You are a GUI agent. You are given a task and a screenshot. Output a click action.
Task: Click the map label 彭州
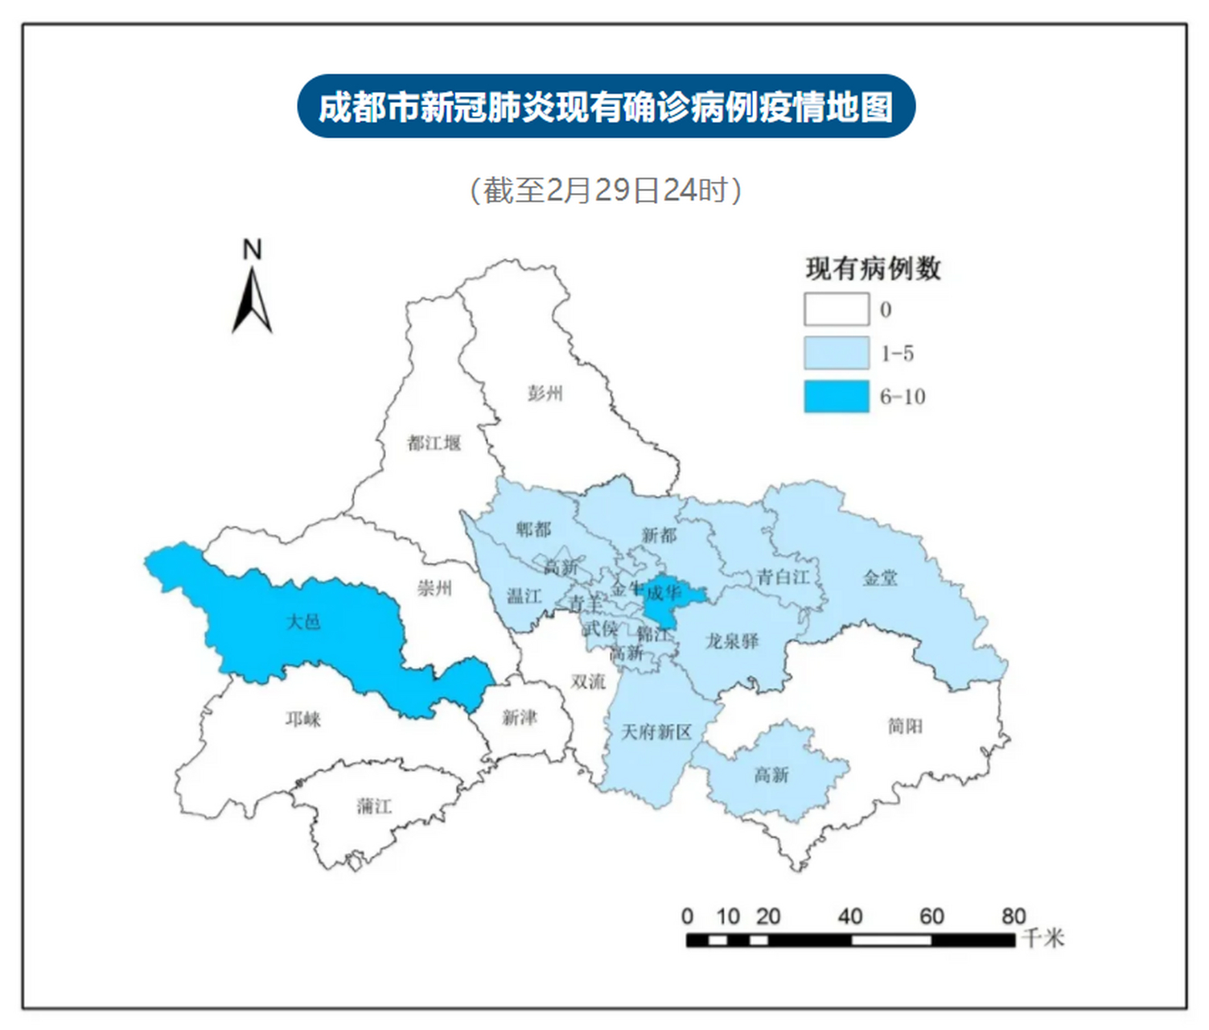(545, 393)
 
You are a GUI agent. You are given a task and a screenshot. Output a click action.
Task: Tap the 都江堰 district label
(434, 443)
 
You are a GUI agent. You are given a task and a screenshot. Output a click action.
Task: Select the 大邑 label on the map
(303, 621)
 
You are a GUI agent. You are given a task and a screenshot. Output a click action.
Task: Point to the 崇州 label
(434, 588)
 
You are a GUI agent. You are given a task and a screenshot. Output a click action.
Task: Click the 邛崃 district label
(302, 719)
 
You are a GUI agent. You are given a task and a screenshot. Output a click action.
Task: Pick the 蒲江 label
(374, 805)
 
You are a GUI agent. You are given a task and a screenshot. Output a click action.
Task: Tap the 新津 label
(519, 717)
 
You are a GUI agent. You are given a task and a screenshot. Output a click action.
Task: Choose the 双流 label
(588, 682)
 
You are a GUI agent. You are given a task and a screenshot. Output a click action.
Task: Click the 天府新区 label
(656, 731)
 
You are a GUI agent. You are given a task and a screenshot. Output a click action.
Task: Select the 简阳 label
(905, 726)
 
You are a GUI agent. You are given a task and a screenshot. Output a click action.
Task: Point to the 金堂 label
(880, 577)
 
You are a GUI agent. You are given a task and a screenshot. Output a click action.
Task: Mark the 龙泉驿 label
(732, 641)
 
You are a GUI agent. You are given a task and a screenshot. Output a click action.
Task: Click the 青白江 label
(783, 577)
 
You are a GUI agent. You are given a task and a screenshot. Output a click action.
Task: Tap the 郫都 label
(533, 529)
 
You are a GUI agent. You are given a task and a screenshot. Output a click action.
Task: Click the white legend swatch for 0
(837, 309)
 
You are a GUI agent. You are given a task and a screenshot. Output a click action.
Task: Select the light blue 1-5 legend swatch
(837, 352)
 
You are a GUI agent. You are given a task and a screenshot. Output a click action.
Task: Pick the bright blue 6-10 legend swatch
(837, 396)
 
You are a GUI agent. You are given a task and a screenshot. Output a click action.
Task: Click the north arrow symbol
(253, 300)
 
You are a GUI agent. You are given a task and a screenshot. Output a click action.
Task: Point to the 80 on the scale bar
(1014, 916)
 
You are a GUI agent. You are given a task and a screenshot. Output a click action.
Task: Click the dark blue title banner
(606, 107)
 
